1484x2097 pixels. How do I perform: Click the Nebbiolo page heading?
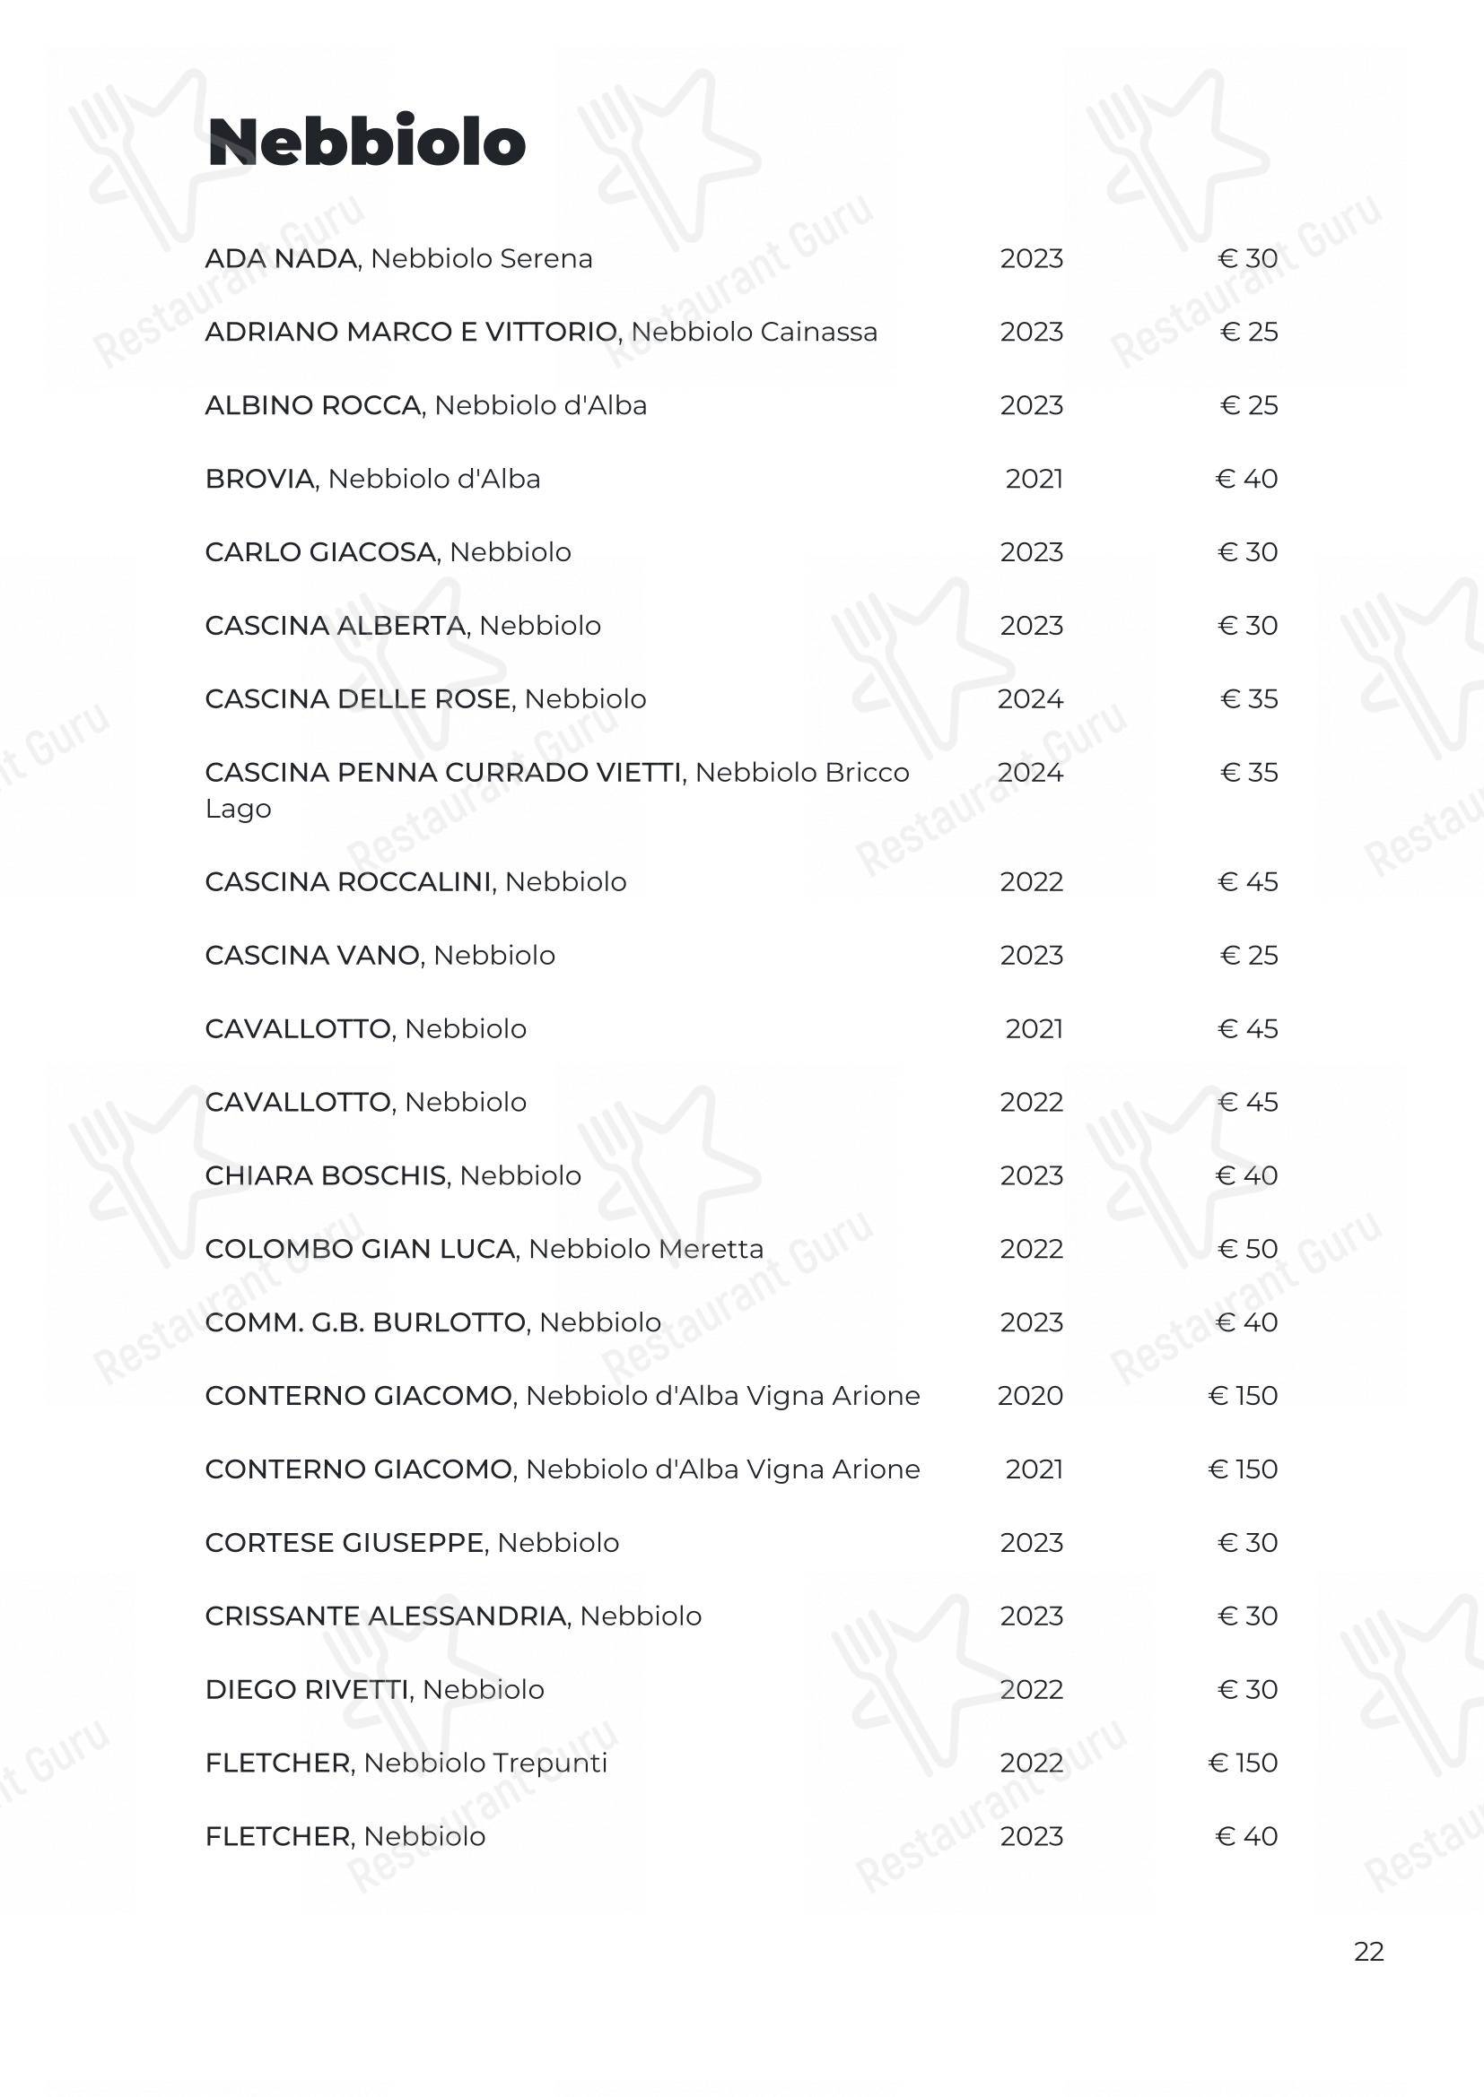[366, 143]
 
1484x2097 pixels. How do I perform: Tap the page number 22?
[1368, 1951]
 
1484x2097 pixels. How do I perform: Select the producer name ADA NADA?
[282, 258]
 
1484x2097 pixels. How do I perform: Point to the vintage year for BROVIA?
[1034, 479]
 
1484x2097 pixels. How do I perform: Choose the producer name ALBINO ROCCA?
[313, 405]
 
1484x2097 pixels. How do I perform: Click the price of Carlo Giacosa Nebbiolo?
[1247, 551]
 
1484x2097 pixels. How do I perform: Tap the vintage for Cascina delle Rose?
[1030, 698]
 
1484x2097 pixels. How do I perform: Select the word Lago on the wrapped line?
[238, 810]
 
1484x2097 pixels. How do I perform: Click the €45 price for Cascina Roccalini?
[1247, 881]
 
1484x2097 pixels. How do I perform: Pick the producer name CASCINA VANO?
[312, 956]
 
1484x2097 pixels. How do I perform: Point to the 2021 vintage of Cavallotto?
[1034, 1028]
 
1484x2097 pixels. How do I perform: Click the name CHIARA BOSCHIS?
[327, 1175]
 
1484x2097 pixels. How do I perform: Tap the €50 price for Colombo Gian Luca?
[1247, 1249]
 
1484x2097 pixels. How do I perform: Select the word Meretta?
[704, 1249]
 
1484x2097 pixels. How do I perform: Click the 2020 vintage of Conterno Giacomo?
[1030, 1396]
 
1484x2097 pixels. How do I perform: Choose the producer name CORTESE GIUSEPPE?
[345, 1543]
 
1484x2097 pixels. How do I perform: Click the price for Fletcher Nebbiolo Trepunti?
[1243, 1763]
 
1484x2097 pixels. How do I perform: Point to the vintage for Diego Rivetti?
[1031, 1690]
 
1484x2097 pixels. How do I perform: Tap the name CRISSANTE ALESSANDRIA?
[386, 1616]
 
